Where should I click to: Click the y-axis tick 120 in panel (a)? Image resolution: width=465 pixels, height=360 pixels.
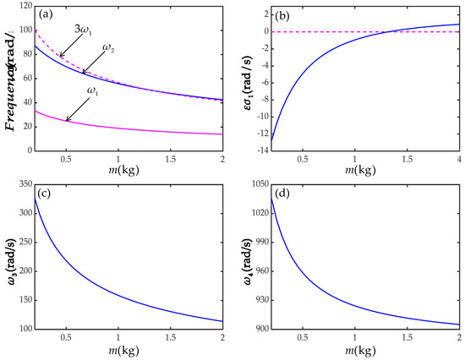pyautogui.click(x=23, y=7)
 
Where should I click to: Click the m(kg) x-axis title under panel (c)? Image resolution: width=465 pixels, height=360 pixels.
pyautogui.click(x=118, y=351)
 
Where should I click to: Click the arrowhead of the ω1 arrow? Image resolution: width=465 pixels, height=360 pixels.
pyautogui.click(x=68, y=120)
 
